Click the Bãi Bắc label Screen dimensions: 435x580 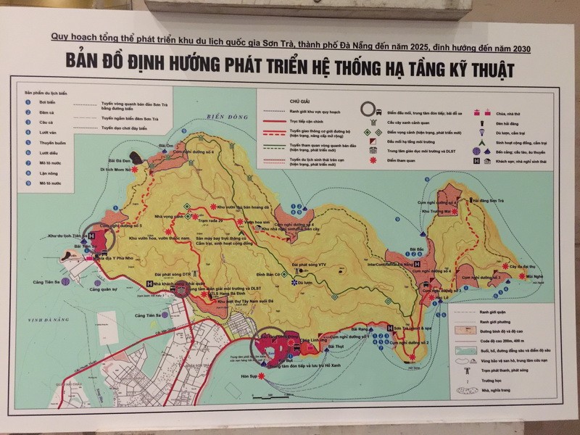[415, 248]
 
